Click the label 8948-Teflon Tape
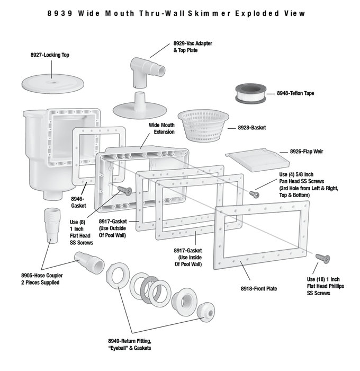295,93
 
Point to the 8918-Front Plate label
259,289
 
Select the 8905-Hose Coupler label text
40,279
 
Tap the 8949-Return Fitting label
130,344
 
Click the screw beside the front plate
322,258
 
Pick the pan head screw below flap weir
255,194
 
